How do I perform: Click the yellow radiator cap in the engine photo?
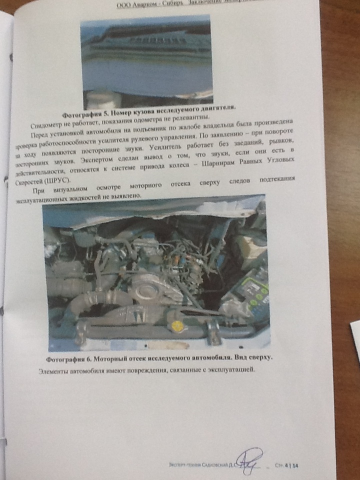tap(176, 328)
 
